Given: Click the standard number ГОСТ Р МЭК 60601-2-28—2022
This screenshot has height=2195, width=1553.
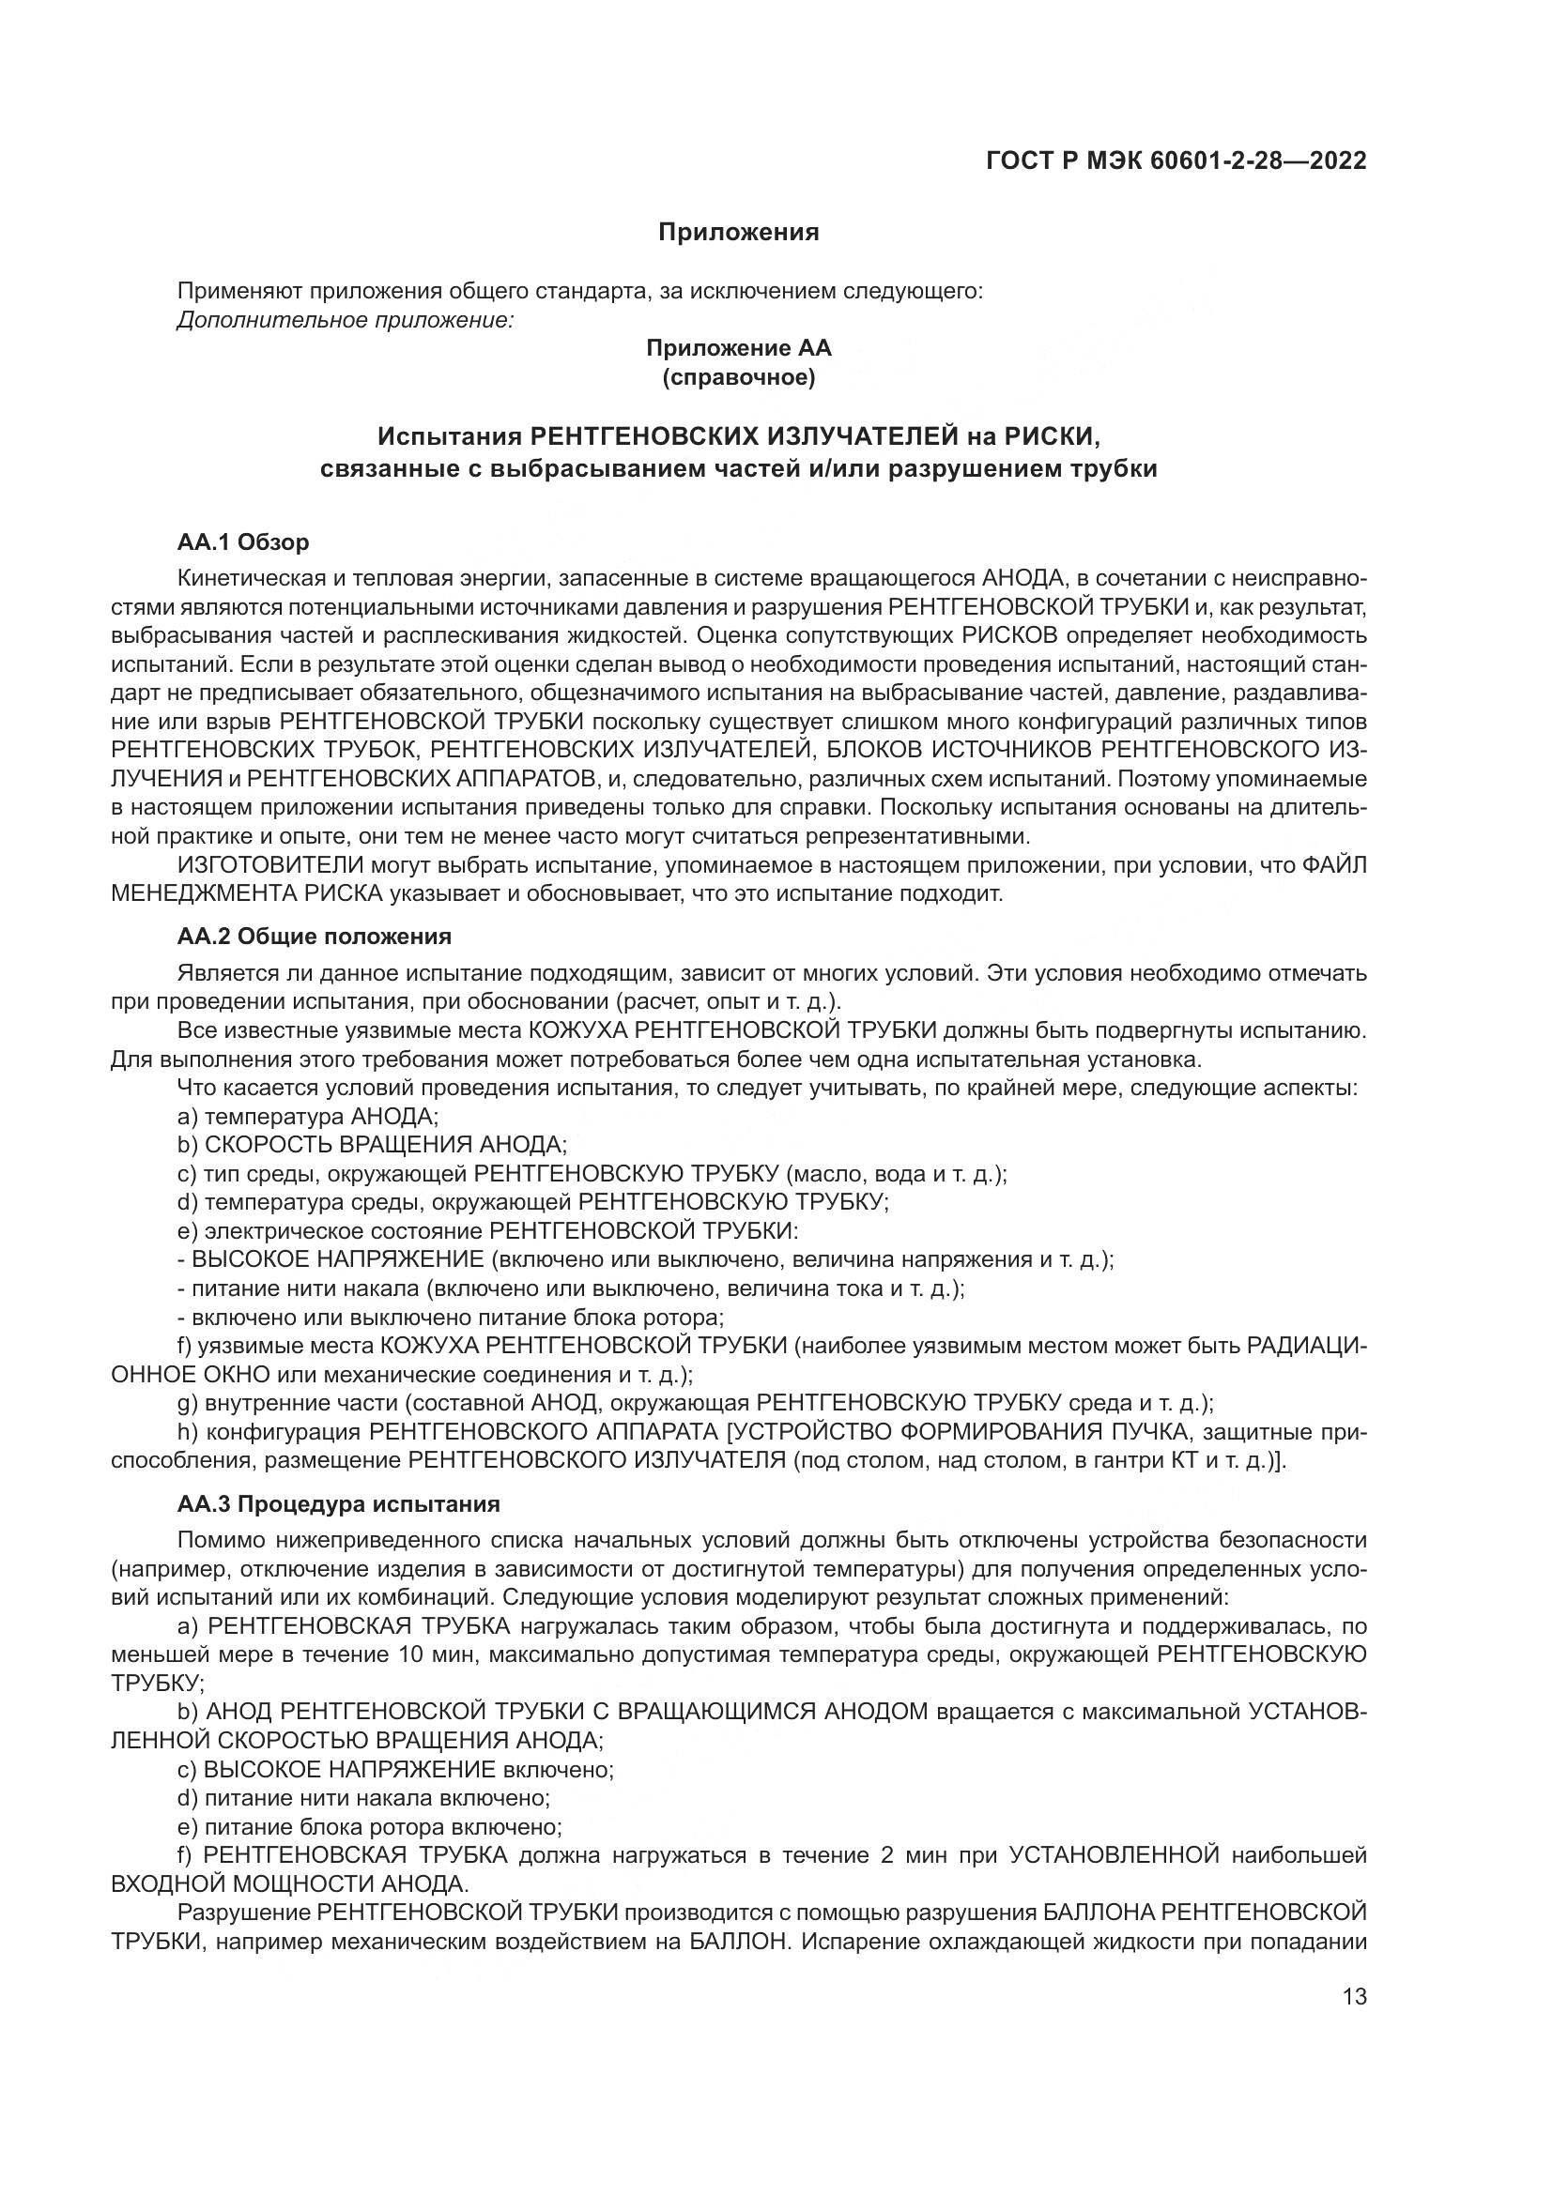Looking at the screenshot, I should [1176, 160].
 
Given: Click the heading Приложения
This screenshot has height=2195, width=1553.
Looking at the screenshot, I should [738, 233].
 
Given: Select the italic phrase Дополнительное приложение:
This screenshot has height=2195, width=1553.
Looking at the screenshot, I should [346, 319].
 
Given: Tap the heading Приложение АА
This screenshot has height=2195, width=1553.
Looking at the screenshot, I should [738, 348].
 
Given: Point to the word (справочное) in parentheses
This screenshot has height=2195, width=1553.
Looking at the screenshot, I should [738, 378].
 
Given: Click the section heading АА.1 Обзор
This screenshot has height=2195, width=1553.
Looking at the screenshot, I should [243, 543].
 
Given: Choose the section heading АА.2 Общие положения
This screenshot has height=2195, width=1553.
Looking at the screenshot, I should [314, 935].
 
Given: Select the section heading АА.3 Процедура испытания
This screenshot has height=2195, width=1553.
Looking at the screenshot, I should [339, 1503].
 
